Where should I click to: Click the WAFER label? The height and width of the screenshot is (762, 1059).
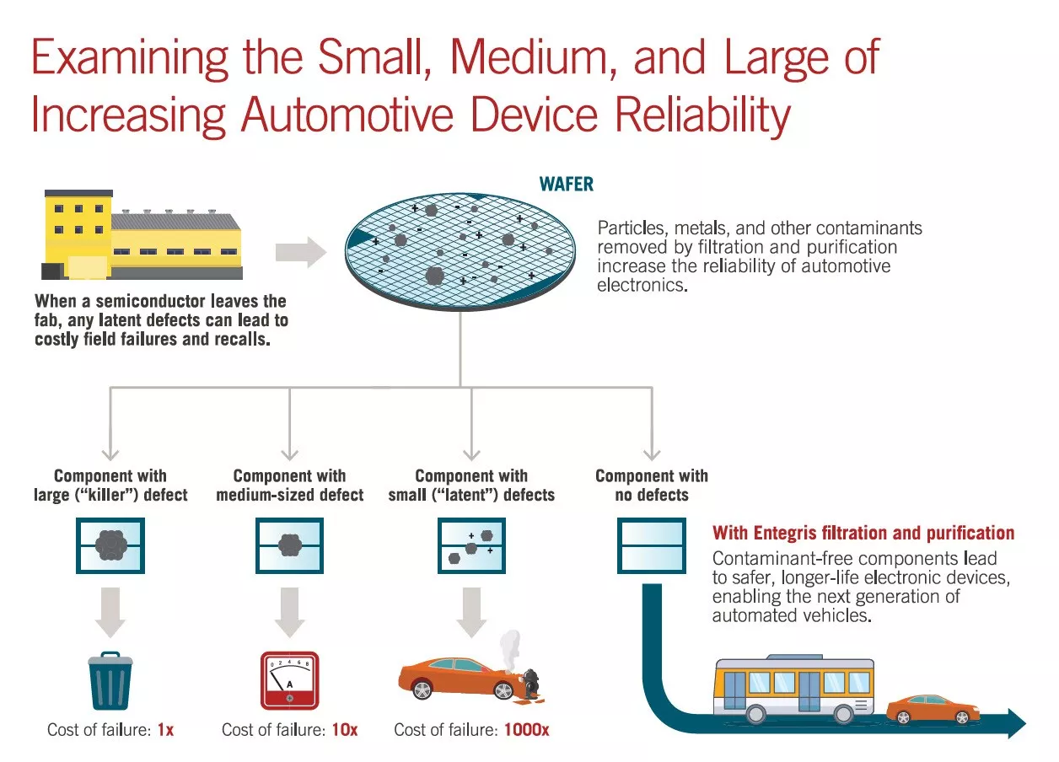click(566, 184)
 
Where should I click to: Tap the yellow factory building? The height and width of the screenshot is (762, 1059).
click(142, 234)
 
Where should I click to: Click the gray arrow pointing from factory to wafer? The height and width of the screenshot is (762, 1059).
click(301, 252)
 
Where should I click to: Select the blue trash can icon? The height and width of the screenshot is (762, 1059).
click(110, 681)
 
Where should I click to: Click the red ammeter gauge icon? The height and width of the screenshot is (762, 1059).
click(290, 681)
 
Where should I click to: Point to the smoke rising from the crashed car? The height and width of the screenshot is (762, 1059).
click(511, 650)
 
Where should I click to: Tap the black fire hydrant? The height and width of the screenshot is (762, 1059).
click(530, 684)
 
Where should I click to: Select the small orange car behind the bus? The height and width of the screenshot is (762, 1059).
click(933, 710)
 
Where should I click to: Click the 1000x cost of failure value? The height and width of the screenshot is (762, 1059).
click(526, 730)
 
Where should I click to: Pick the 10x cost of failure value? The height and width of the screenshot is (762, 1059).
click(344, 730)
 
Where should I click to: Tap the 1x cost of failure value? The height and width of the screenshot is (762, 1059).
click(165, 730)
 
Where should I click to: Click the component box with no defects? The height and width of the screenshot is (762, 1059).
click(652, 545)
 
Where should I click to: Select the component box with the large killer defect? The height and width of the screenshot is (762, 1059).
click(110, 545)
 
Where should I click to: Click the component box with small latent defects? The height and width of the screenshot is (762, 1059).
click(471, 545)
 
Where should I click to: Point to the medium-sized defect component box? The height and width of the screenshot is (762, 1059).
click(289, 545)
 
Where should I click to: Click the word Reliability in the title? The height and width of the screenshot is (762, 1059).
click(702, 115)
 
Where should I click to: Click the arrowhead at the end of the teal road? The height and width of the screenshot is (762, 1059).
click(1017, 724)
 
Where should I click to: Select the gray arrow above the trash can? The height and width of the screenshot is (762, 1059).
click(110, 613)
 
